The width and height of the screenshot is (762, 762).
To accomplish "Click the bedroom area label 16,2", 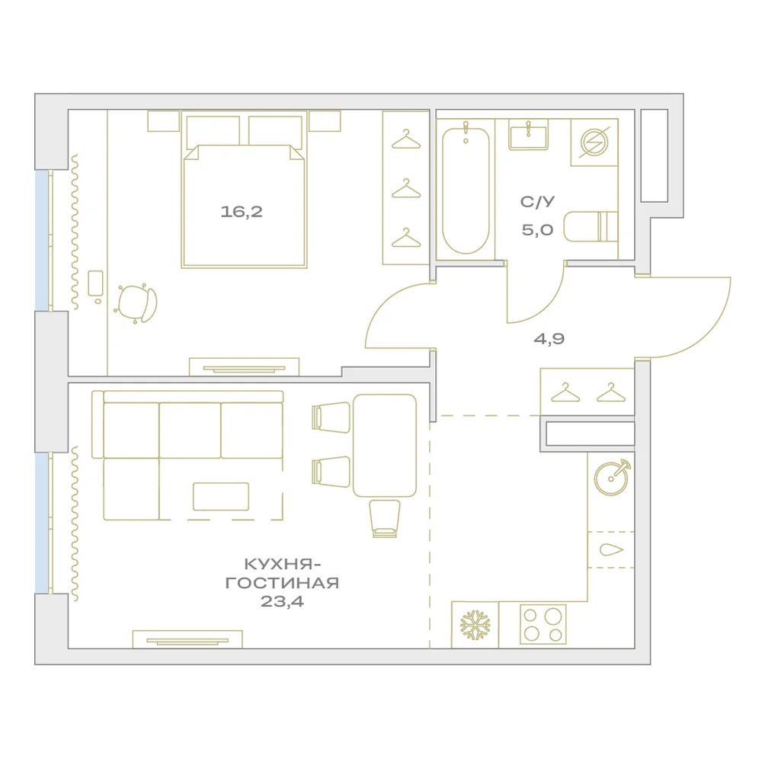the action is click(x=242, y=212).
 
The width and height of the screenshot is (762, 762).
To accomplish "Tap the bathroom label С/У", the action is click(x=537, y=202).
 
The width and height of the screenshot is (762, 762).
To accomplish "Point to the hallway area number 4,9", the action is click(x=549, y=339).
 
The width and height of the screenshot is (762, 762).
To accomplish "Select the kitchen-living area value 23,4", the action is click(x=282, y=602).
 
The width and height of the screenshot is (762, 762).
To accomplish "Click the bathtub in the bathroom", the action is click(x=466, y=190).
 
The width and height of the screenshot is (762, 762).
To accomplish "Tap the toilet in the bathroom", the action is click(x=591, y=226).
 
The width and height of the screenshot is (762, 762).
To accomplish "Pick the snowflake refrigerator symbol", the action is click(x=475, y=625).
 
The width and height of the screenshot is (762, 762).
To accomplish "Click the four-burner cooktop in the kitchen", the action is click(x=543, y=625).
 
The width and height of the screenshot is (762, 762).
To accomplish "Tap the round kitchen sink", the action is click(x=612, y=477).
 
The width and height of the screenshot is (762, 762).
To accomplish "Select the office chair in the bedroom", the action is click(x=136, y=304).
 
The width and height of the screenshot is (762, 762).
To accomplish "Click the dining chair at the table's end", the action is click(x=384, y=518).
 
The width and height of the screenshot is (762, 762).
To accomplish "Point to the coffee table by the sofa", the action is click(x=221, y=497).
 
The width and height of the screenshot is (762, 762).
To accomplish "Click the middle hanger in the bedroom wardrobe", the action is click(x=406, y=189).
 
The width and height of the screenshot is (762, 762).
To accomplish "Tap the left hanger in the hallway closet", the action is click(x=565, y=392).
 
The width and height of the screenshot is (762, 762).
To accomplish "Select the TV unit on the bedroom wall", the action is click(x=244, y=367).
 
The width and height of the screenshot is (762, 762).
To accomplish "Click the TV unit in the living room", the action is click(x=187, y=639).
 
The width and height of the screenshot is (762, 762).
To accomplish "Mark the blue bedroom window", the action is click(x=42, y=240).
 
